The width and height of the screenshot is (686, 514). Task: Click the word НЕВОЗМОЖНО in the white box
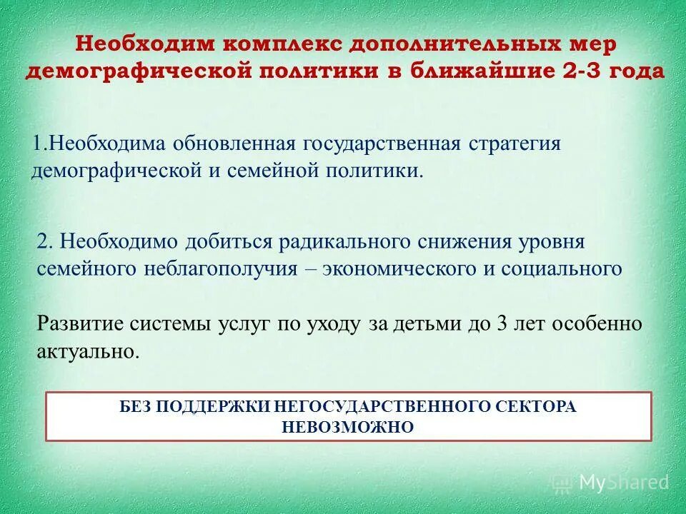[348, 427]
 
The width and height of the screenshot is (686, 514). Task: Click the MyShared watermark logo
[612, 483]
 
